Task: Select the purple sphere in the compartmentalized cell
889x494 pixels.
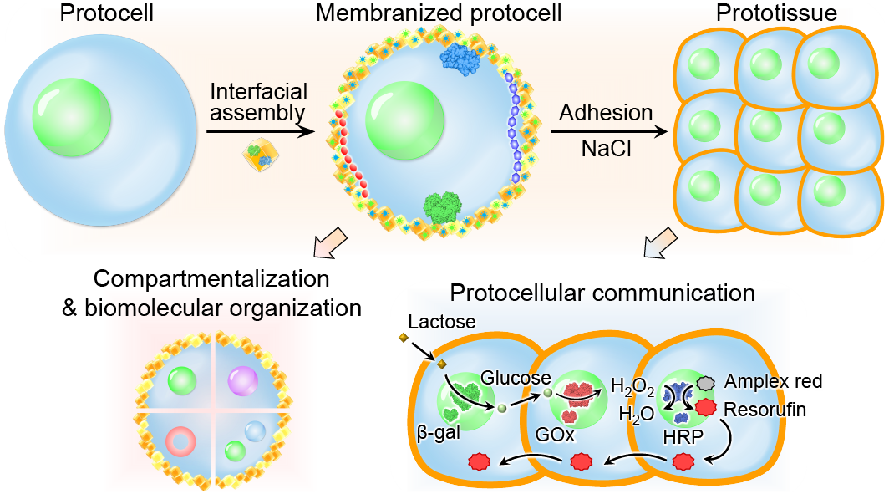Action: [x=245, y=381]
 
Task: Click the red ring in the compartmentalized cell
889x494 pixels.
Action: [x=181, y=440]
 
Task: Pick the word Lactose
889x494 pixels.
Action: [x=442, y=322]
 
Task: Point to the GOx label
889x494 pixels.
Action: [x=555, y=435]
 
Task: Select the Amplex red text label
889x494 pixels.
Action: [x=773, y=382]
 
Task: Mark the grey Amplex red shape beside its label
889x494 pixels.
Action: [x=707, y=381]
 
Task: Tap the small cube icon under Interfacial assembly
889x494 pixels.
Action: [x=257, y=155]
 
